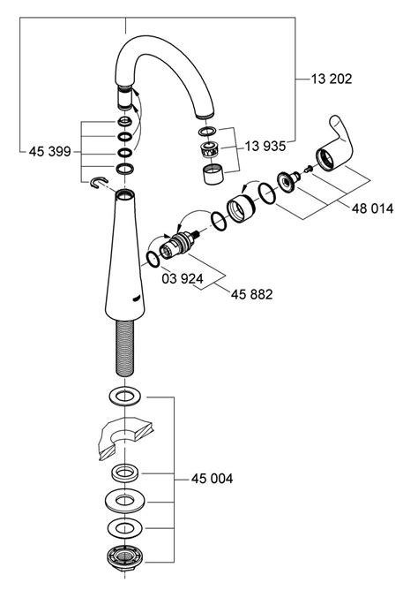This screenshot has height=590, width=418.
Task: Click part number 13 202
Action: (x=332, y=79)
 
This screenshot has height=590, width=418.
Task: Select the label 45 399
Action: (x=50, y=151)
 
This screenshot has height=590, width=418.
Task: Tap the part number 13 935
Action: (x=265, y=146)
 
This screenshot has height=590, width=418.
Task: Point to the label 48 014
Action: (x=372, y=208)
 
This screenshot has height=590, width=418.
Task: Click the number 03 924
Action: (x=183, y=278)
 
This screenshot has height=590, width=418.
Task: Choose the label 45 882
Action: (x=251, y=294)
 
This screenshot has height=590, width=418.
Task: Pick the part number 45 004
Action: (x=212, y=479)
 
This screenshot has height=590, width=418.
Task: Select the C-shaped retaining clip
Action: (x=99, y=182)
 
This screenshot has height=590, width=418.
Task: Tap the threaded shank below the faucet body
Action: (x=125, y=348)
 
